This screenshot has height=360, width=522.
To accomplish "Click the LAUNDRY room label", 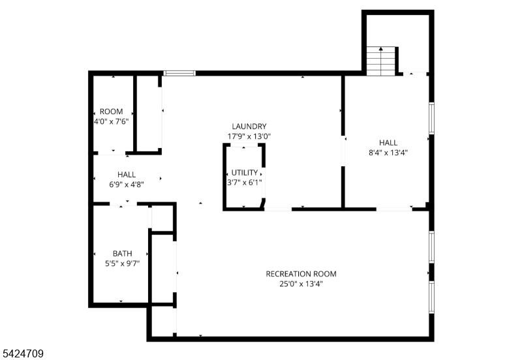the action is point(249,127).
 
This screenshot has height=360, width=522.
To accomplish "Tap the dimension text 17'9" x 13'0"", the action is point(249,136).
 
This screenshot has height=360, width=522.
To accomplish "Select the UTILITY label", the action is point(244,173).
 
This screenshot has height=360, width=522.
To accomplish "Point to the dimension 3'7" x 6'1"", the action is point(244,183).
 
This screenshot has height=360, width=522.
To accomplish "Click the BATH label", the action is point(122,254).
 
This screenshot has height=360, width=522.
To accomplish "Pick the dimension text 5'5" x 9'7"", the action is point(122,263).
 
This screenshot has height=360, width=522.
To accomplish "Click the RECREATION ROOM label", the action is point(301,274).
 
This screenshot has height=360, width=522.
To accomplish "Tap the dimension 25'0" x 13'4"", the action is point(301,284).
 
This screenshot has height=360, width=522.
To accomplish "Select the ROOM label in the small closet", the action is point(111,112).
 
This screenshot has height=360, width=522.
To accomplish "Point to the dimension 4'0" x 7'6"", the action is point(111,121).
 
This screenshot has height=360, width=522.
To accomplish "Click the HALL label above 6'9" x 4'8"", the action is point(127,175).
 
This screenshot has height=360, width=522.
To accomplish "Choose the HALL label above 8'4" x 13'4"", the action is point(388,143).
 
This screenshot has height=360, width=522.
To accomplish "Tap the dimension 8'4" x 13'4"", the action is point(388,153).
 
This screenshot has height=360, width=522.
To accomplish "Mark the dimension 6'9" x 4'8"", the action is point(127,185).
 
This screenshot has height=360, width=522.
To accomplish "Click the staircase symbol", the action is point(381,61).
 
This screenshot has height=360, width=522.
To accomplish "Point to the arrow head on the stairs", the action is point(381,49).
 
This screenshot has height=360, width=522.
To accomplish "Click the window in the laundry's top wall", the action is point(179,73).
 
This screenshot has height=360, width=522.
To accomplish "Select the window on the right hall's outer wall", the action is point(431,118).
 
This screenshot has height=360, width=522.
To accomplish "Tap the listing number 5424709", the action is point(23,353).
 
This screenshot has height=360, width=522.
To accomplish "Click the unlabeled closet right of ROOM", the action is point(147,113).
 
